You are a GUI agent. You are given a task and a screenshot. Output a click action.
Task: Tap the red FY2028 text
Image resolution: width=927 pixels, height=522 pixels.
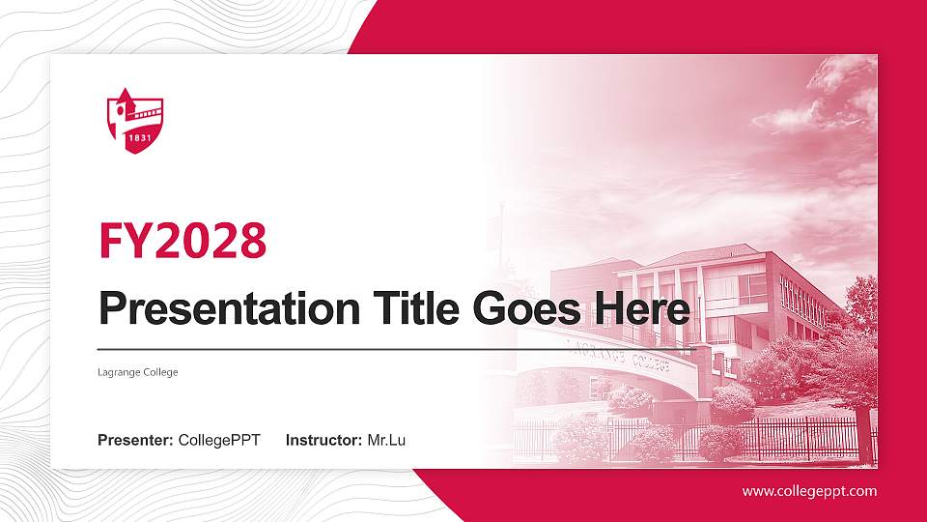183,241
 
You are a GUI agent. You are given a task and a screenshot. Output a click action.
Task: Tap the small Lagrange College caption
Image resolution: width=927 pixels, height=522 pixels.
138,372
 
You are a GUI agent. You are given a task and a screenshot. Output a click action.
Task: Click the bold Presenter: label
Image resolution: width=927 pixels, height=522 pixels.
135,441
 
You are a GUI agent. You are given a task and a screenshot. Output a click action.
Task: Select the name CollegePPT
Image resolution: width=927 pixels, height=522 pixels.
219,441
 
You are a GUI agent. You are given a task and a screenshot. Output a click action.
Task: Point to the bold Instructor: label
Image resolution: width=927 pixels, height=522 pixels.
324,441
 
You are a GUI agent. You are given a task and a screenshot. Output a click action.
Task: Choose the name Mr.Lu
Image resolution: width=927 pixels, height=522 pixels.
386,441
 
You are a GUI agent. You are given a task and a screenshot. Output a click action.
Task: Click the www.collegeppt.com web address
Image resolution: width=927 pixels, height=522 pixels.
809,491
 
